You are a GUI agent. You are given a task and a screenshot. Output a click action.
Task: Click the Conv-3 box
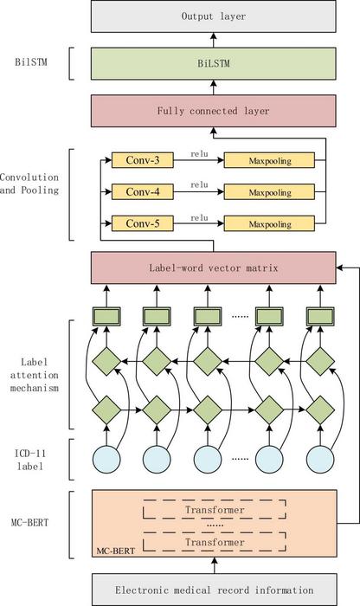tap(142, 160)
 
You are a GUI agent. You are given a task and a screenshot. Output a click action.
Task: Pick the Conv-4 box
tap(142, 191)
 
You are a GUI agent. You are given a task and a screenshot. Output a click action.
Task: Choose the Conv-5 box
tap(142, 222)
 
